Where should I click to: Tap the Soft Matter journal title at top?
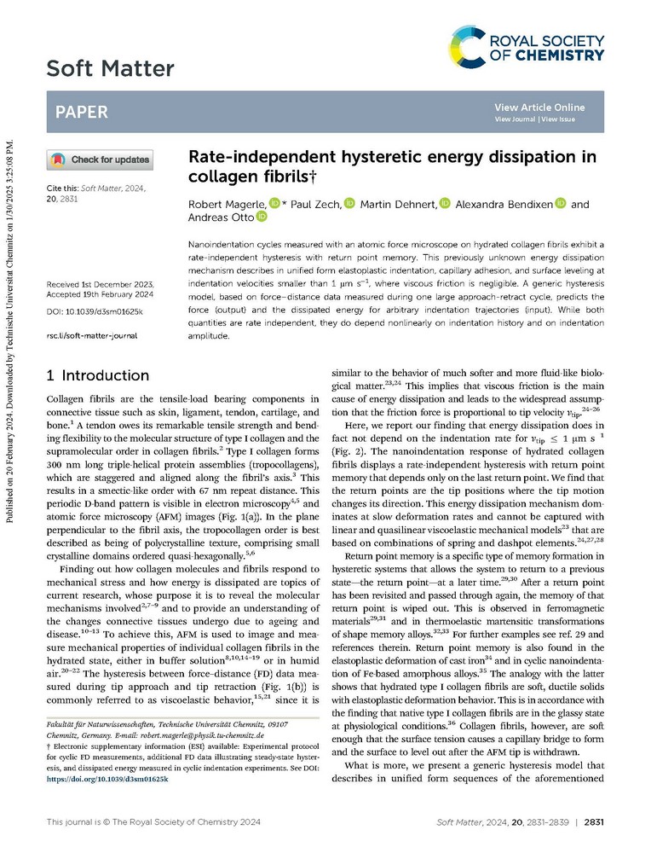110,67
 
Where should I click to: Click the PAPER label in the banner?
82,112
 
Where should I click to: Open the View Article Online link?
539,107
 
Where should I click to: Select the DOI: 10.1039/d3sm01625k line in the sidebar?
94,312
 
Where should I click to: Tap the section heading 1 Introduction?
98,375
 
